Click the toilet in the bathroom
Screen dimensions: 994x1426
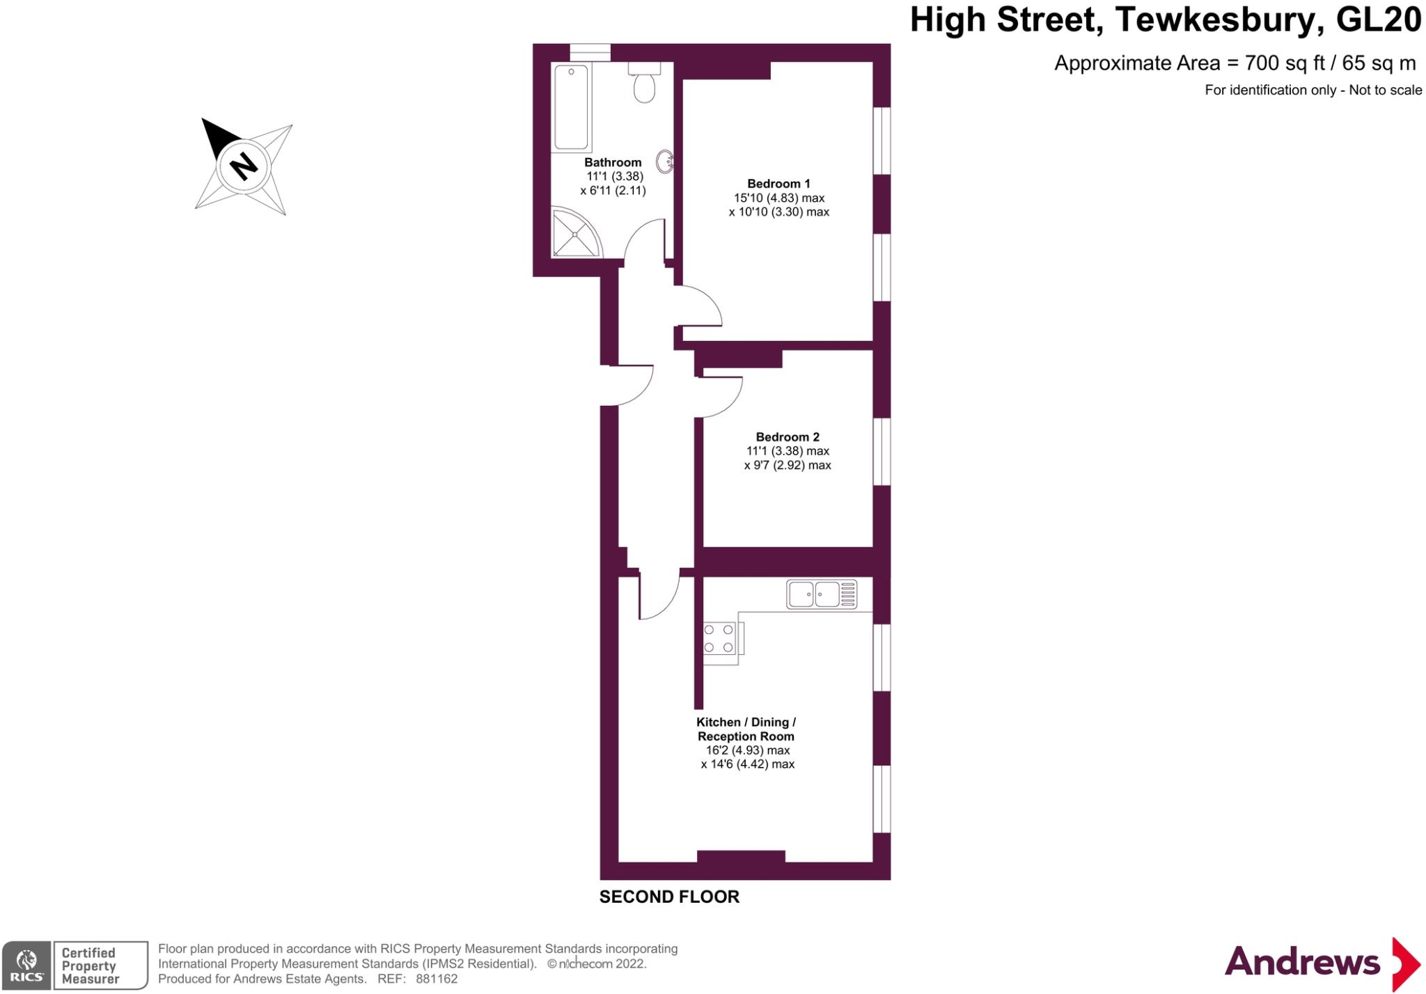pyautogui.click(x=644, y=85)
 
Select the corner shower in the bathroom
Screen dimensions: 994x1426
pyautogui.click(x=574, y=233)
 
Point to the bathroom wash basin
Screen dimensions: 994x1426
pyautogui.click(x=665, y=161)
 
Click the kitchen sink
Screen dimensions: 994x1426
pyautogui.click(x=822, y=594)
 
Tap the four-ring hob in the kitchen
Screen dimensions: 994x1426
pyautogui.click(x=719, y=638)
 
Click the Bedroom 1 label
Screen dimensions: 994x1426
pyautogui.click(x=778, y=184)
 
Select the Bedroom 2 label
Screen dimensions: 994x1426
pyautogui.click(x=788, y=437)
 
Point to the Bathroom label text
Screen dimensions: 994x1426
pyautogui.click(x=613, y=162)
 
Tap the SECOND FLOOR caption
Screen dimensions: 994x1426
pyautogui.click(x=669, y=897)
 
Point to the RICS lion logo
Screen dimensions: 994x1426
pyautogui.click(x=26, y=965)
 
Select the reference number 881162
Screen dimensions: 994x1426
pyautogui.click(x=437, y=979)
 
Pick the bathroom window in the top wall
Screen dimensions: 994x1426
pyautogui.click(x=590, y=52)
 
